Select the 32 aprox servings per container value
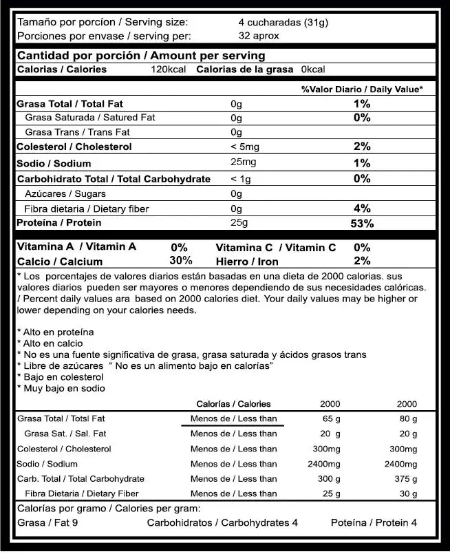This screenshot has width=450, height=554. [x=255, y=36]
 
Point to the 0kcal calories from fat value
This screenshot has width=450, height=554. [x=313, y=70]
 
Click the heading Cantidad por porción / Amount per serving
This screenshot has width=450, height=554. [x=140, y=56]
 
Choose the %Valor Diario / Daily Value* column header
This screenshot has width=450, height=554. [x=361, y=89]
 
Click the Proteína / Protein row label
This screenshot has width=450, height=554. [x=59, y=223]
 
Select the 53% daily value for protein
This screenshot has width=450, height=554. [x=362, y=224]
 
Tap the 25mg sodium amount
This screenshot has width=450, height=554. [x=243, y=162]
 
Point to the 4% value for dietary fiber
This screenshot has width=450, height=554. [x=362, y=209]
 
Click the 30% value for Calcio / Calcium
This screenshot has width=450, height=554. [x=180, y=261]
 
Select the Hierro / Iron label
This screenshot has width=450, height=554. [x=246, y=262]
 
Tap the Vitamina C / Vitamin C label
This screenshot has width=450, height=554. [x=275, y=247]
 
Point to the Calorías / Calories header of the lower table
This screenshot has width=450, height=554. [x=233, y=404]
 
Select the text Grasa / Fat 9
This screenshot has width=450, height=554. [x=47, y=523]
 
